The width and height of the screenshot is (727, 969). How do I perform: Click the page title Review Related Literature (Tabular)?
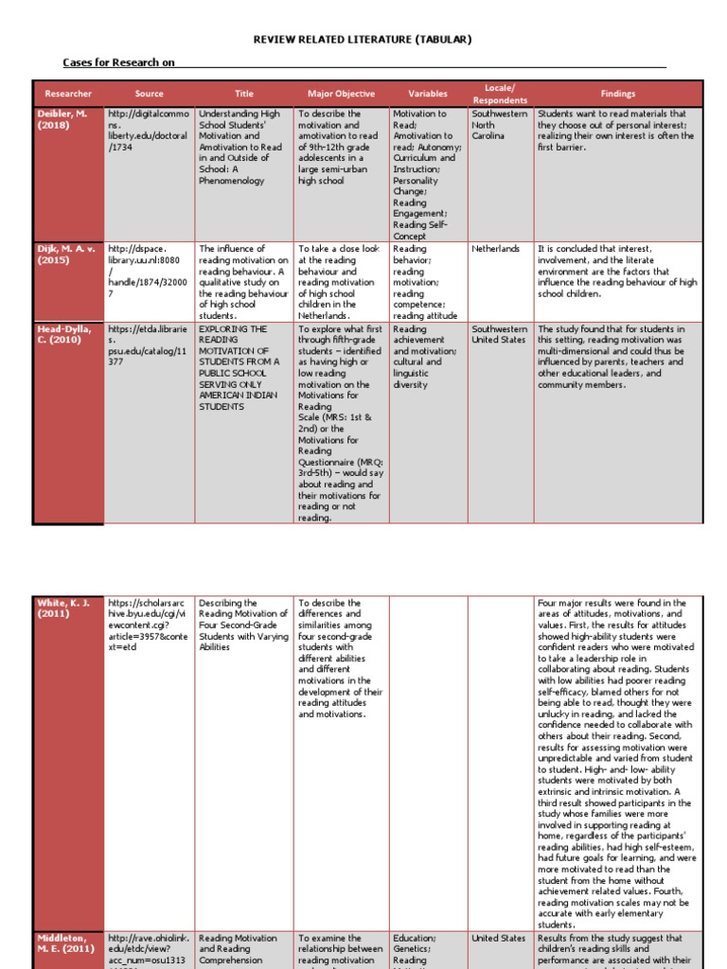click(x=362, y=39)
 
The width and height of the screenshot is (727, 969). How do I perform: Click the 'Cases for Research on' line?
click(x=119, y=62)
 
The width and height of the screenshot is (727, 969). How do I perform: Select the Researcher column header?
click(x=68, y=94)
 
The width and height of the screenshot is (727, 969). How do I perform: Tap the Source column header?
click(x=149, y=94)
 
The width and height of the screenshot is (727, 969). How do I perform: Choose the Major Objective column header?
click(x=341, y=94)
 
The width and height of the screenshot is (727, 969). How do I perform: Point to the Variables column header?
click(x=428, y=94)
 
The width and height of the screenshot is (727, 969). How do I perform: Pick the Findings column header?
click(x=618, y=94)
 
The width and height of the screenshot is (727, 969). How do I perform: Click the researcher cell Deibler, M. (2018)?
click(x=61, y=119)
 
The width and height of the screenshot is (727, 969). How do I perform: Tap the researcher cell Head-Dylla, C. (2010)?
click(x=66, y=335)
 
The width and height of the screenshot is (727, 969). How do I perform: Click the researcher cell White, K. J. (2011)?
click(x=62, y=608)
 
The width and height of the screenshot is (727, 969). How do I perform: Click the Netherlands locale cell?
click(x=495, y=249)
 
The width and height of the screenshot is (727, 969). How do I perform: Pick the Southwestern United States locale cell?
click(x=499, y=335)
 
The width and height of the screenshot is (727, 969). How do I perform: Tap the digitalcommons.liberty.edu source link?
click(x=149, y=131)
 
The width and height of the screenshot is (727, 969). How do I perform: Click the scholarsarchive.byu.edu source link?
click(x=149, y=625)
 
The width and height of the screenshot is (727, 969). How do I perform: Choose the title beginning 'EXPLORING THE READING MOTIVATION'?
click(x=239, y=367)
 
